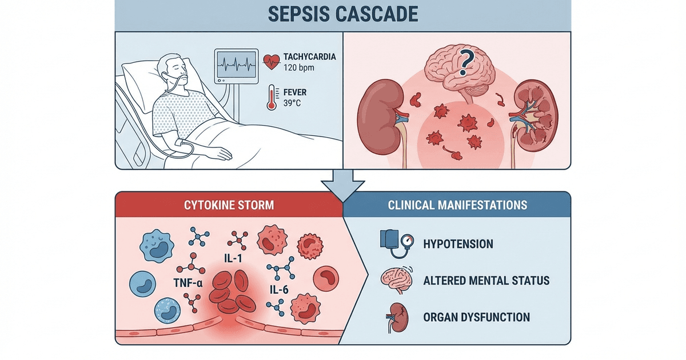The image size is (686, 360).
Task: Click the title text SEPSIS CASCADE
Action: (343, 14)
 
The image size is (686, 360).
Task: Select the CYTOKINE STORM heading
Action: (229, 205)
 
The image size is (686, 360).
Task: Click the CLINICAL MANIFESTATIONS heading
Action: (457, 204)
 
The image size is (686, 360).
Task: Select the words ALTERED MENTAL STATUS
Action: (486, 281)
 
